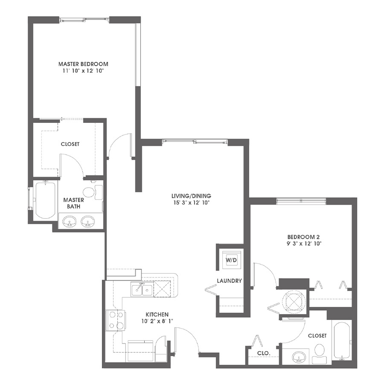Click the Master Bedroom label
(83, 64)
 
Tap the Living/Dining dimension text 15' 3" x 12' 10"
(191, 203)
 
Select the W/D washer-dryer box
(231, 260)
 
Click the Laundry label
(230, 281)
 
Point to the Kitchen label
(157, 314)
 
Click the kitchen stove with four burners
(116, 320)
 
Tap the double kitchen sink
(142, 289)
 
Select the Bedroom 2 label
(303, 237)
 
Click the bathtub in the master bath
(45, 200)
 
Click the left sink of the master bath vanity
(70, 221)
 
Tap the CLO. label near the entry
(264, 353)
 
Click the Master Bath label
(73, 203)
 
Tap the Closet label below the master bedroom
(70, 144)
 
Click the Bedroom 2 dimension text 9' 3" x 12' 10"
(304, 244)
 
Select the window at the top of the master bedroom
(84, 19)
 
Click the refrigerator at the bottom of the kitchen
(140, 351)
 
